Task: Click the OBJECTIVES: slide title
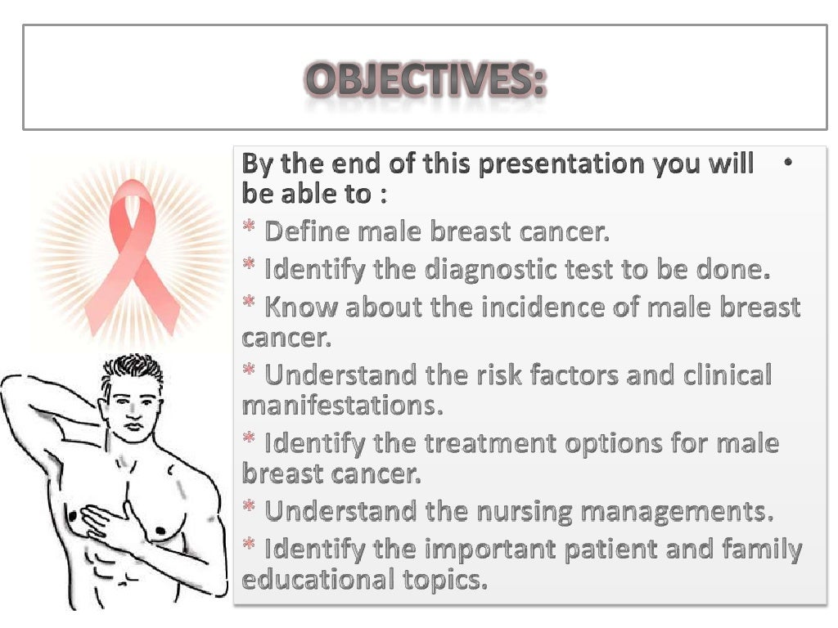[425, 83]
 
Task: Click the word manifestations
[342, 405]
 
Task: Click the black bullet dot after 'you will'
[787, 163]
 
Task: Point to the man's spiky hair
[131, 373]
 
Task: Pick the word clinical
[722, 375]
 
